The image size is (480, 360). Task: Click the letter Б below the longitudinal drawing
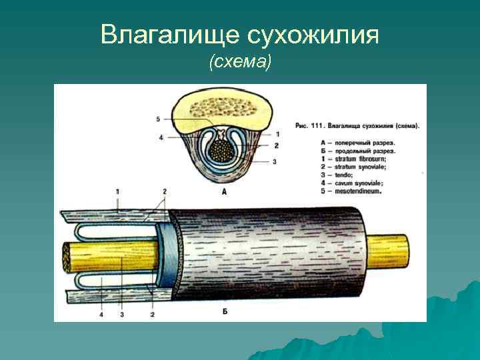point(225,311)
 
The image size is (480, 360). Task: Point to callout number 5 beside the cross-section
point(159,119)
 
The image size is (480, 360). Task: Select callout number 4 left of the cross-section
point(161,138)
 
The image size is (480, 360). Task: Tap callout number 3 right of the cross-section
point(275,161)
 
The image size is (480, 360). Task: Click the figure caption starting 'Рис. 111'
point(357,125)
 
